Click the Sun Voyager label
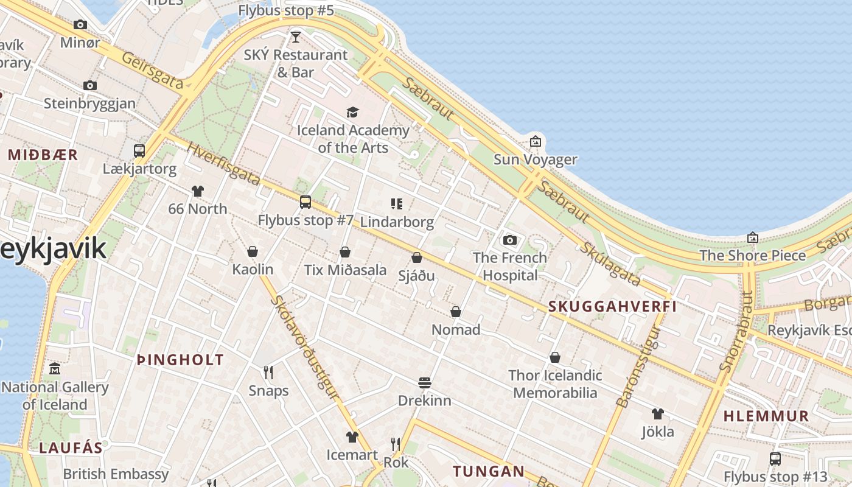coord(535,159)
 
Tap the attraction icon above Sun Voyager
coord(535,141)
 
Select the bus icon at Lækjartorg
coord(139,150)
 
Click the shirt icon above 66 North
coord(197,191)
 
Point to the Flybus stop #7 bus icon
coord(306,201)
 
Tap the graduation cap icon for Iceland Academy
coord(352,112)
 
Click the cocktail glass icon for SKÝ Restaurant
coord(296,37)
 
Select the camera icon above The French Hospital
coord(510,240)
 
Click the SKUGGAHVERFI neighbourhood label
coord(613,306)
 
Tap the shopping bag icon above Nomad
coord(456,312)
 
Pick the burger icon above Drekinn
coord(425,382)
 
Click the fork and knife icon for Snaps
coord(268,372)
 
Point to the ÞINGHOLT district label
coord(180,360)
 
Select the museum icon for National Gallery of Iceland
coord(55,369)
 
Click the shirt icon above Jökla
coord(657,414)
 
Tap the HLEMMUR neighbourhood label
coord(766,416)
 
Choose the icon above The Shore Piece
coord(753,237)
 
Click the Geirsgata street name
coord(152,71)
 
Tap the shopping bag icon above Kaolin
coord(253,251)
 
